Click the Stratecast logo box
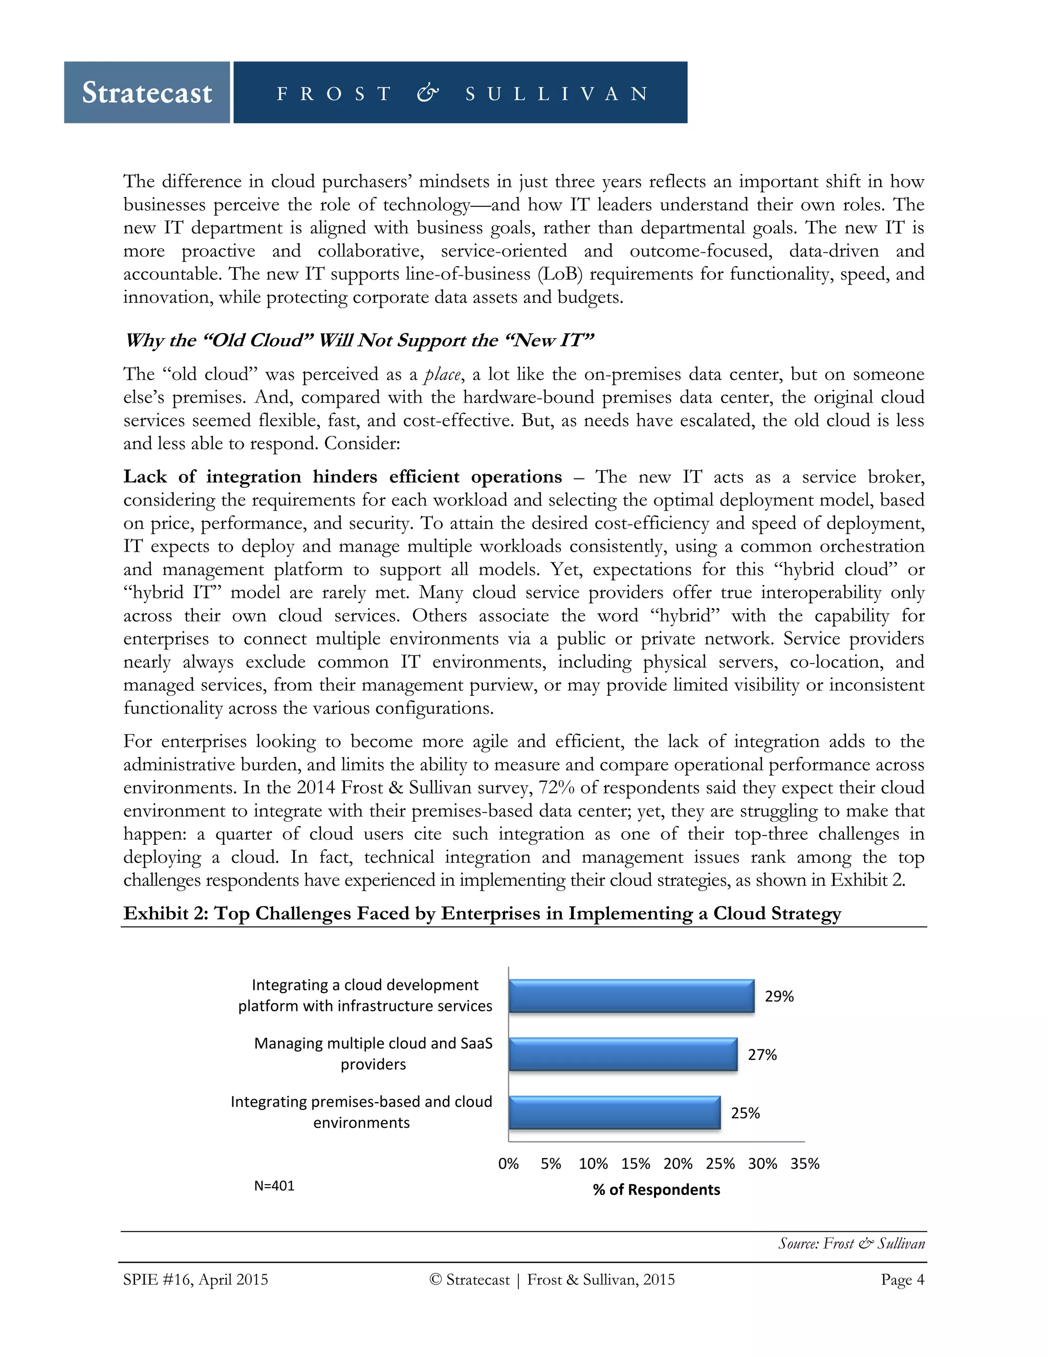click(x=147, y=93)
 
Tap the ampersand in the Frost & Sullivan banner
click(x=428, y=93)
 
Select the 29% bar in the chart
click(x=631, y=996)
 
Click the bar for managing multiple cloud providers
click(x=623, y=1054)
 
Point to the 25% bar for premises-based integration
click(x=614, y=1112)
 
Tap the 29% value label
click(x=779, y=996)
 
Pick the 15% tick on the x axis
click(x=636, y=1164)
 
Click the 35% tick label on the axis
click(x=804, y=1164)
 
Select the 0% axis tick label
click(x=509, y=1164)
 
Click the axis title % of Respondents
click(x=656, y=1190)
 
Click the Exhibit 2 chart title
click(x=482, y=913)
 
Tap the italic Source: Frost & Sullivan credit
click(x=851, y=1243)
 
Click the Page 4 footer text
click(x=902, y=1280)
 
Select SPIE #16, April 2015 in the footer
click(x=195, y=1280)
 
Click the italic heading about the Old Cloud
click(x=359, y=340)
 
